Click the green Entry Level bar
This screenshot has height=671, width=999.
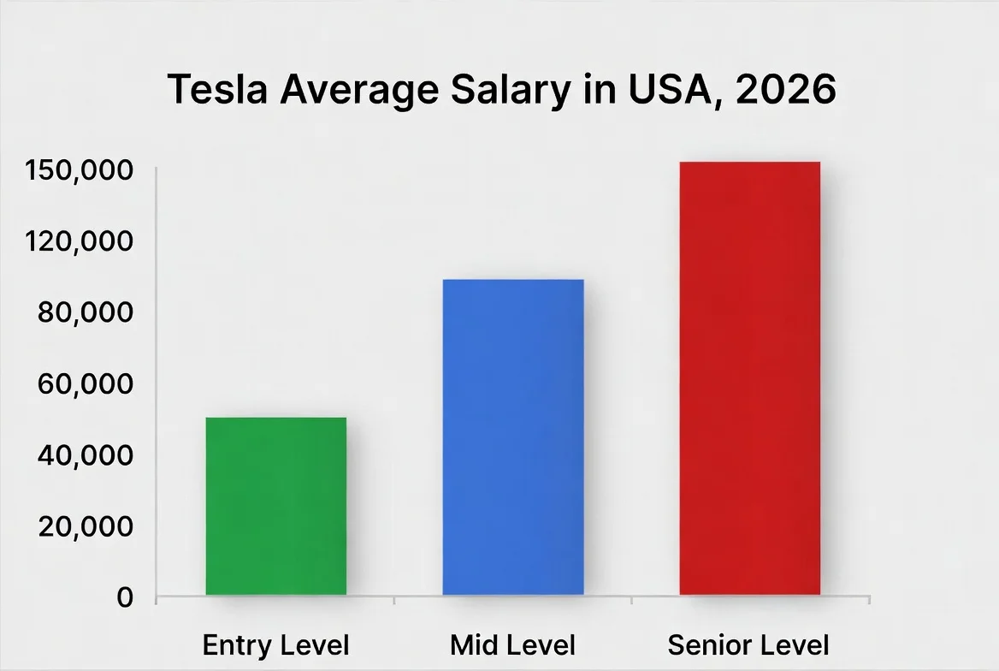tap(276, 506)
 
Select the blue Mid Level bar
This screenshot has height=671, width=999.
tap(513, 436)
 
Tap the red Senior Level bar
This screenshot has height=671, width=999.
tap(750, 377)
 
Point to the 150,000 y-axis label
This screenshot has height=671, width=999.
tap(79, 170)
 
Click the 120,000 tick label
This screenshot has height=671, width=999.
tap(79, 241)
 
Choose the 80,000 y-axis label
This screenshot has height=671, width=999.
tap(86, 312)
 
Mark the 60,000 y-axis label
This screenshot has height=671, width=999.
tap(86, 383)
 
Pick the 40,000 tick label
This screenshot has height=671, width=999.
tap(86, 454)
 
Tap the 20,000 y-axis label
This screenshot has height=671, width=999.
tap(86, 526)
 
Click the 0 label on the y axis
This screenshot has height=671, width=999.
tap(125, 597)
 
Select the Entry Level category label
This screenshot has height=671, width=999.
tap(276, 644)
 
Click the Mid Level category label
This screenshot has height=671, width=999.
tap(513, 644)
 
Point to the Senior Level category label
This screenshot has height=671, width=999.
tap(749, 644)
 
